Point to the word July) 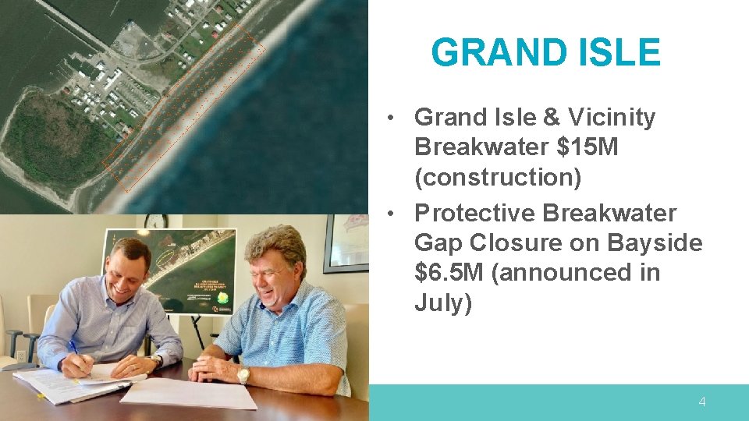(443, 302)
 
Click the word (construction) (498, 177)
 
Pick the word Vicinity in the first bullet (612, 117)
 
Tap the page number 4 (701, 402)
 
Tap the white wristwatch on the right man (243, 375)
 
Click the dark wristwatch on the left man (158, 361)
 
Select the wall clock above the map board (155, 221)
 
